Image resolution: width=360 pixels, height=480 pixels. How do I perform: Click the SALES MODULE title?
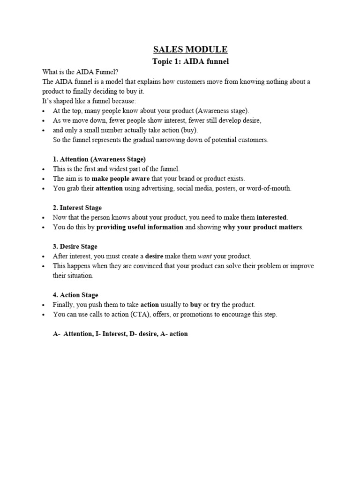[x=190, y=49]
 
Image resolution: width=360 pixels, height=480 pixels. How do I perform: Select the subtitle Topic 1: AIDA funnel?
[x=190, y=61]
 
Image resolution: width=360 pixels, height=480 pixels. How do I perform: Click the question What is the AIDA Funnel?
[x=80, y=72]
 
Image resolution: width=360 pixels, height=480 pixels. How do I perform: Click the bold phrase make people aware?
[x=120, y=179]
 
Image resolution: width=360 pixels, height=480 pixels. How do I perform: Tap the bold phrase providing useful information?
[x=140, y=227]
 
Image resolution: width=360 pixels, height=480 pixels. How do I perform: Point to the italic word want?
[x=205, y=256]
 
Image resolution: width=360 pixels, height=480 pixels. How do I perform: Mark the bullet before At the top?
[x=44, y=111]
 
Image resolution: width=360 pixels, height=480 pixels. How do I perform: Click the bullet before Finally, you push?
[x=44, y=305]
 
